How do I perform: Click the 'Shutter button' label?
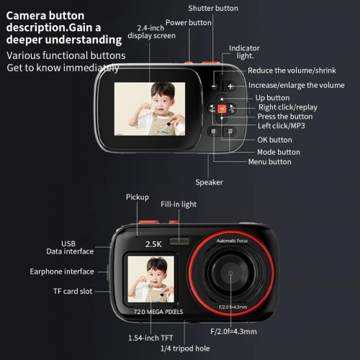[x=213, y=8]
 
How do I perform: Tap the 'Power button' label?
[x=189, y=22]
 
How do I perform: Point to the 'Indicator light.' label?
[x=244, y=52]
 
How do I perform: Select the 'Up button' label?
[x=273, y=98]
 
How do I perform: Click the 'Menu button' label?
[x=270, y=162]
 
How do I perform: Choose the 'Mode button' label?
[x=279, y=152]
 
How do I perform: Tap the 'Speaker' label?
[x=209, y=182]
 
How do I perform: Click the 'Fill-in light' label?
[x=179, y=204]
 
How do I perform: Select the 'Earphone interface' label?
[x=62, y=271]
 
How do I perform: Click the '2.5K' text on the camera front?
[x=153, y=243]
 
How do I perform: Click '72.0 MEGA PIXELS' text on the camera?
[x=158, y=312]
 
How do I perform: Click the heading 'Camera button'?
[x=45, y=15]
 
